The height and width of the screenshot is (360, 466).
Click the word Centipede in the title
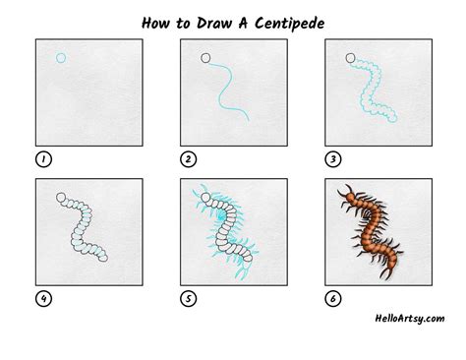point(289,24)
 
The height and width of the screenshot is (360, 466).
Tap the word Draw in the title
point(214,23)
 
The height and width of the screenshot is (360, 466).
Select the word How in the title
point(156,23)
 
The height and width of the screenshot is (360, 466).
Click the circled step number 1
point(43,159)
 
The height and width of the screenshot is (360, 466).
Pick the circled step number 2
point(189,159)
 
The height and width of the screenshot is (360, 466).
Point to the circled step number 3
point(333,159)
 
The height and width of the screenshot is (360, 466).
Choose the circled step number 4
point(43,299)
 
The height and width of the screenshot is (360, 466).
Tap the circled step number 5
point(189,299)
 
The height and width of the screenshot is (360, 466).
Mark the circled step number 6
point(333,299)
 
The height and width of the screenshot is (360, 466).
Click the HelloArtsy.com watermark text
point(410,319)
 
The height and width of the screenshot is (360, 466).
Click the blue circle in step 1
point(61,58)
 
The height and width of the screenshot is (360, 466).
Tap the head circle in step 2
point(205,58)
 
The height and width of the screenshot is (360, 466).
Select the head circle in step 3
point(350,58)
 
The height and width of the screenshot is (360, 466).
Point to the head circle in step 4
point(61,198)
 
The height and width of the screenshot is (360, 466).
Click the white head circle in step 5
point(205,198)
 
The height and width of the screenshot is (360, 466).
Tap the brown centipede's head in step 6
point(350,198)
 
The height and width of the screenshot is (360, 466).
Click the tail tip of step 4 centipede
point(103,258)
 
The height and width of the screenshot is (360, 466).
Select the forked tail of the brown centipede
point(387,272)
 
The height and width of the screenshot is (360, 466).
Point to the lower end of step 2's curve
point(249,121)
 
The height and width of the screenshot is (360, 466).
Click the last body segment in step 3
point(392,118)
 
